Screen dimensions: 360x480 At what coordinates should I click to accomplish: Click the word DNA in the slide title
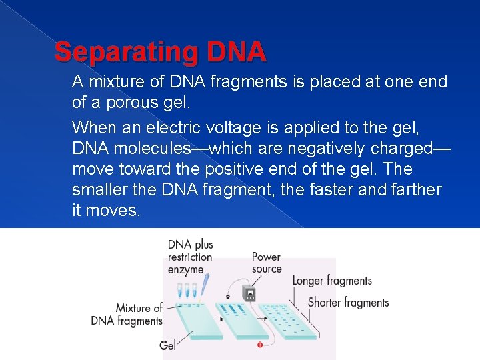237,51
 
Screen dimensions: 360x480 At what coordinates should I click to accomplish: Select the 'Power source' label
266,263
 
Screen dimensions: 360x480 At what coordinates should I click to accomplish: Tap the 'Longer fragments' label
332,281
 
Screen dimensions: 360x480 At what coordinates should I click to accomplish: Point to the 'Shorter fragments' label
348,303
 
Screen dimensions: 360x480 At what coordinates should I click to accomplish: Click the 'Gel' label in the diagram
168,345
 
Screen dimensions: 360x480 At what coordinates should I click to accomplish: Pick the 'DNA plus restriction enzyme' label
190,257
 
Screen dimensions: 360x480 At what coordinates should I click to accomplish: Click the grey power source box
249,293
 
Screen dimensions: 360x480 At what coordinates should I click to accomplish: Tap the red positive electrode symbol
260,345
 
